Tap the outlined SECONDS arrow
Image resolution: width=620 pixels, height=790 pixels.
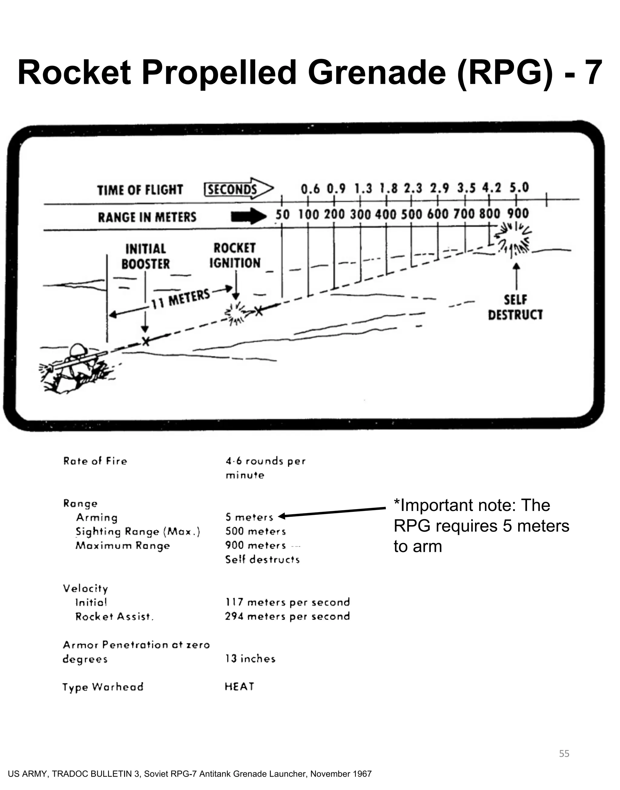click(x=238, y=189)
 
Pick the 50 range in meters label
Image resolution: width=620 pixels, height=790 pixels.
click(x=282, y=215)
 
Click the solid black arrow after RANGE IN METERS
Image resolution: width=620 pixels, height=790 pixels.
click(x=248, y=217)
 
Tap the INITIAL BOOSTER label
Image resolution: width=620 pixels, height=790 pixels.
click(x=146, y=256)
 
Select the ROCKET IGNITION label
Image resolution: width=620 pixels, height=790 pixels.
click(x=235, y=255)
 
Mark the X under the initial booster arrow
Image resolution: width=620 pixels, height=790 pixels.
click(x=145, y=341)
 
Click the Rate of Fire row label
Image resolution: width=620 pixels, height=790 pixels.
click(x=95, y=461)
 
